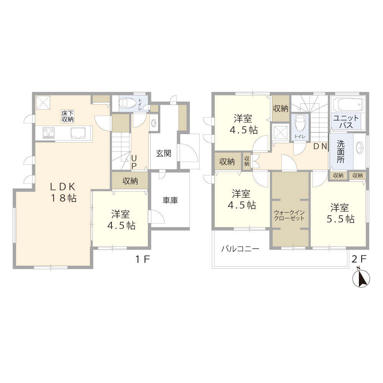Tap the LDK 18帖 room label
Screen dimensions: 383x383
[x=63, y=192]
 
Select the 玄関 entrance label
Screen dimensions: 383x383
[x=164, y=154]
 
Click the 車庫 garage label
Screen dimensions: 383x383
[x=170, y=200]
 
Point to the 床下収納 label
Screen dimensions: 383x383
[x=67, y=116]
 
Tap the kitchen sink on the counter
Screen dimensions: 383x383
[x=78, y=133]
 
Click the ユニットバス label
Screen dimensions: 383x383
[x=346, y=122]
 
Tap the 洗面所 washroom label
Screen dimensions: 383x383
[x=340, y=151]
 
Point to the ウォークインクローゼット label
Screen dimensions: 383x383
[x=289, y=215]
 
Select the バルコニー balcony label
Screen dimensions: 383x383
[x=240, y=249]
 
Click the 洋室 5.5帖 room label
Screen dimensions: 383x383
[x=340, y=213]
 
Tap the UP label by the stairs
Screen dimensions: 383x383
[x=134, y=162]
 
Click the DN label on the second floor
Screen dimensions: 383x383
[x=320, y=146]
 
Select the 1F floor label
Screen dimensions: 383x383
[x=142, y=259]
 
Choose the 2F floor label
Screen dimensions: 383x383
[x=359, y=259]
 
